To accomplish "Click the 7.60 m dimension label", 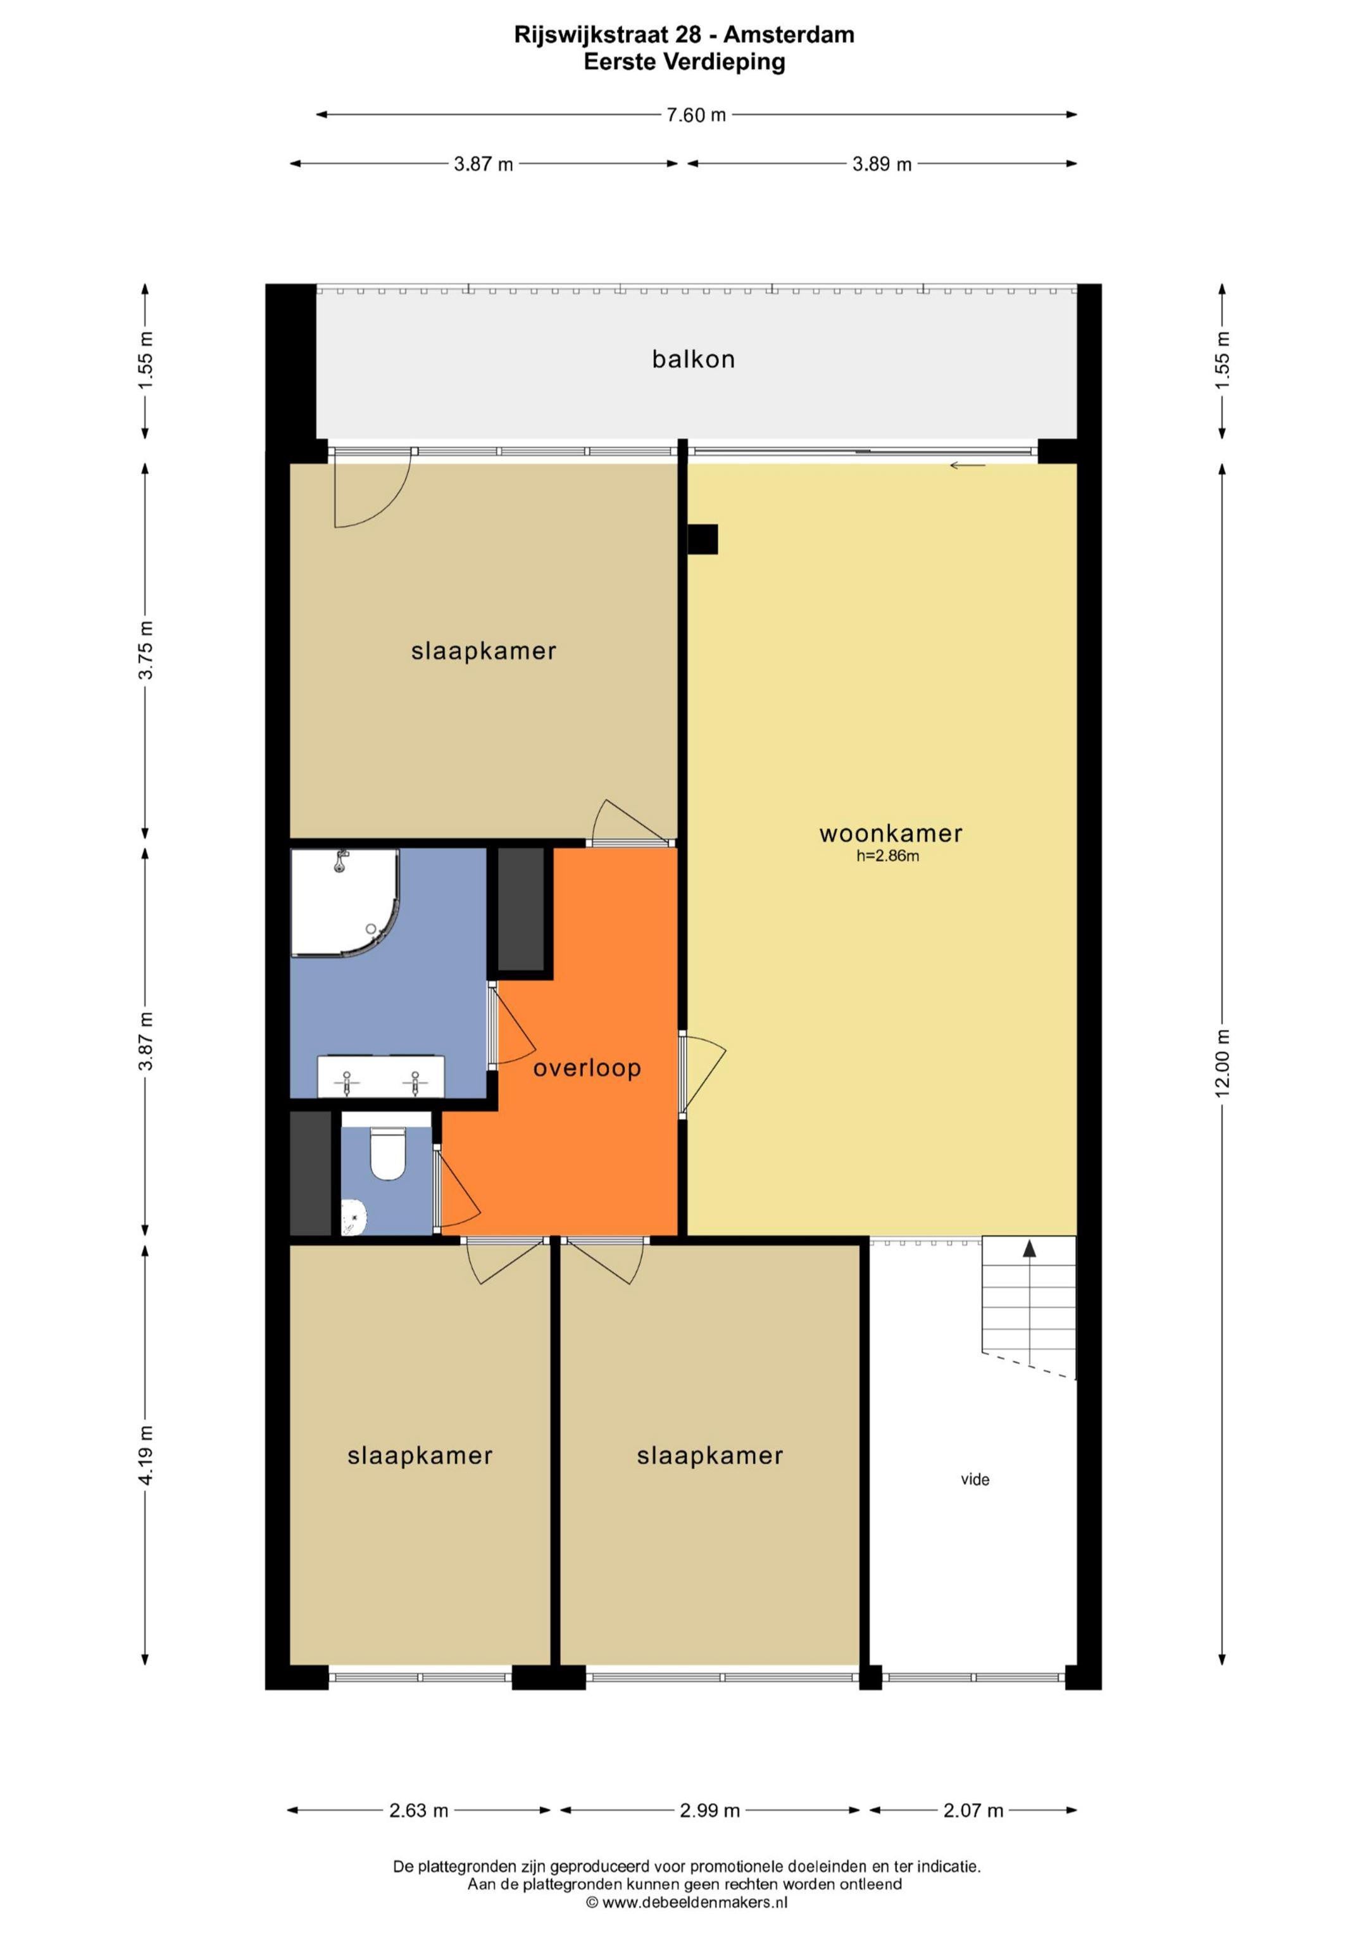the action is click(696, 115).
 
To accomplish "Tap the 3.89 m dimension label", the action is click(882, 164).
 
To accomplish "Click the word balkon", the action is click(694, 360).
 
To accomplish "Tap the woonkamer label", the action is click(890, 834).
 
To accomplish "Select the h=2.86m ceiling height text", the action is click(887, 857).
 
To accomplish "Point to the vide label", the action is click(975, 1479).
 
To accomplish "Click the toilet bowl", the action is click(388, 1153).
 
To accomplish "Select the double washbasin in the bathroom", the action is click(380, 1076).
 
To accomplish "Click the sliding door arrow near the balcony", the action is click(967, 466).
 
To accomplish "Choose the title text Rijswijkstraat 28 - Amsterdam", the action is click(684, 35).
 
